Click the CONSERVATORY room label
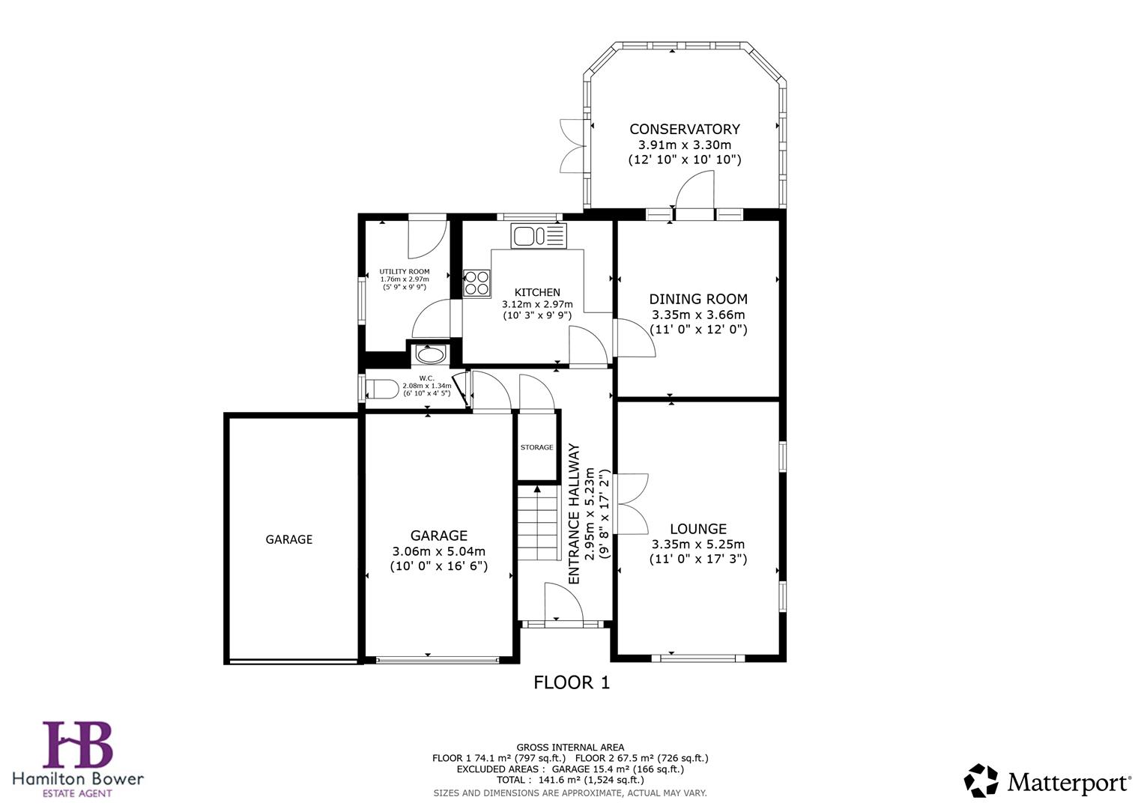684,130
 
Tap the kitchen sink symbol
539,237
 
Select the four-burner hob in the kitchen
477,283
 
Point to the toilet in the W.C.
383,390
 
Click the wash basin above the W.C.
429,354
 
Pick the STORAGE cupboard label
536,447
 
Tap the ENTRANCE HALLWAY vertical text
575,514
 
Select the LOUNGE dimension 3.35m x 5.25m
697,545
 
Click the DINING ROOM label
697,299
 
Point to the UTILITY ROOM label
404,272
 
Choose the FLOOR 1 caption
571,682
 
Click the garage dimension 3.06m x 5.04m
438,551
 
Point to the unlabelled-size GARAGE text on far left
288,539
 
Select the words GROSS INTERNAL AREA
569,747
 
